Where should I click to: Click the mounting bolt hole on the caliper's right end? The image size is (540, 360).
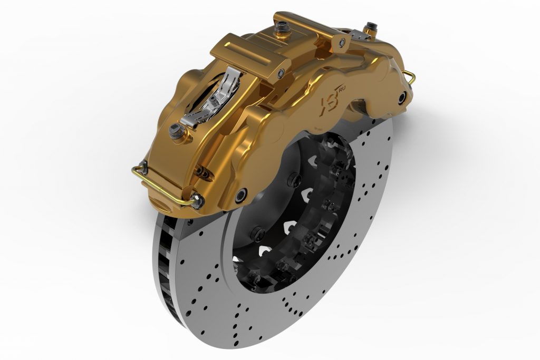click(403, 96)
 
